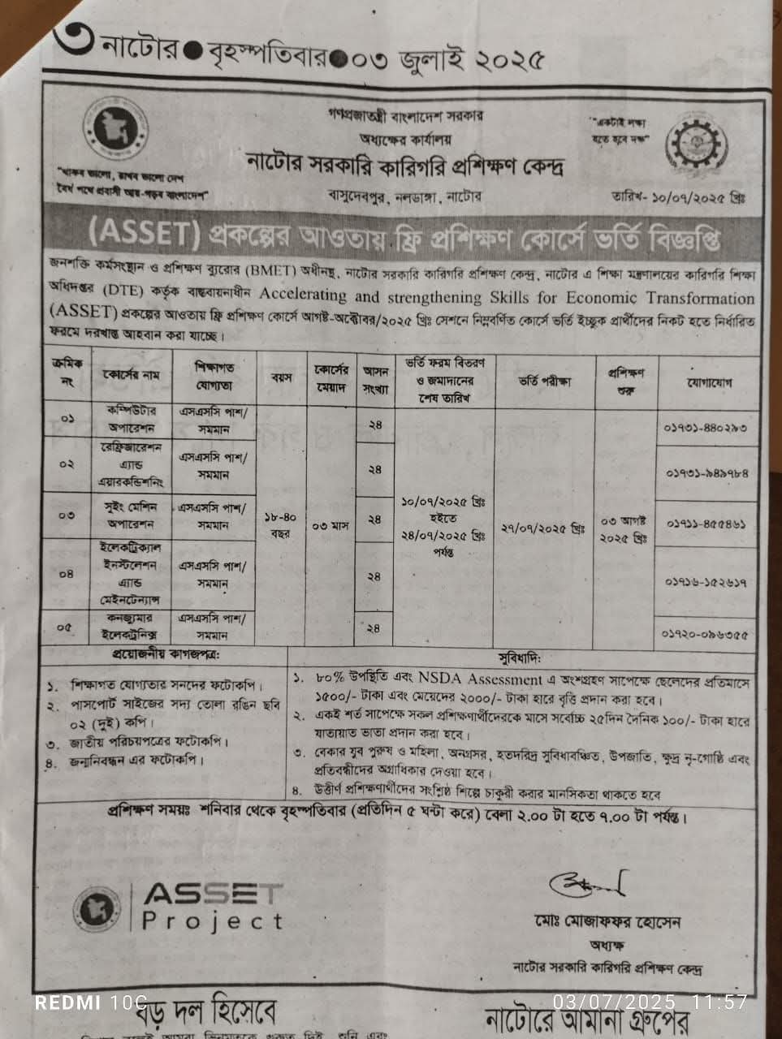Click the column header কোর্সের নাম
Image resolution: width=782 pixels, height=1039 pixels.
tap(132, 376)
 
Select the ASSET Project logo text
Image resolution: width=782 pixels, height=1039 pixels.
tap(212, 907)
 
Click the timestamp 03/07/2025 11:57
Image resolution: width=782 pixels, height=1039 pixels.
tap(650, 1002)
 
